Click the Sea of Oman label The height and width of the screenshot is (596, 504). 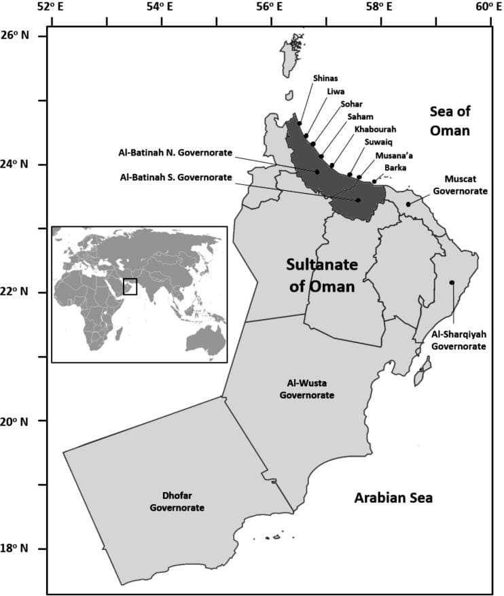click(x=450, y=120)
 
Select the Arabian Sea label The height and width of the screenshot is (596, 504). click(x=393, y=498)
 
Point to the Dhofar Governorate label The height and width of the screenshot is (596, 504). click(x=177, y=502)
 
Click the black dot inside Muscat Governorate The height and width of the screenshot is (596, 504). click(x=408, y=204)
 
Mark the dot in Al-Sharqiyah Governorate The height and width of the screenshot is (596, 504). click(x=452, y=283)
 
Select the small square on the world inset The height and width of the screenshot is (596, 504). click(x=130, y=286)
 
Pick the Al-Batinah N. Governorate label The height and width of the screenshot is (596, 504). click(x=175, y=152)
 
